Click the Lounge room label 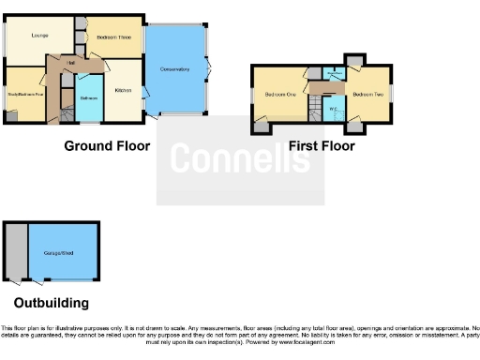(39, 36)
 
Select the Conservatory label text (174, 70)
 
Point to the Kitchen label (123, 90)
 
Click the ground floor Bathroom (89, 97)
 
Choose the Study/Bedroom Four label (26, 94)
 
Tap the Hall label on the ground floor (71, 63)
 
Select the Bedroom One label (279, 95)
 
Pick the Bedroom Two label (368, 95)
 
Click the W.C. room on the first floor (334, 112)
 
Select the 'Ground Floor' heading (107, 146)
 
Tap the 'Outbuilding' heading (52, 303)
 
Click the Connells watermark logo (240, 159)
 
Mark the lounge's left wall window (3, 37)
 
